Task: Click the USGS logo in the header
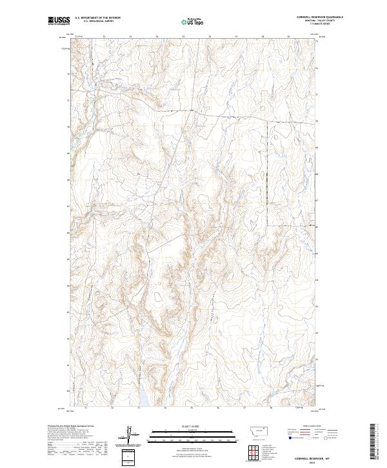[x=59, y=21]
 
